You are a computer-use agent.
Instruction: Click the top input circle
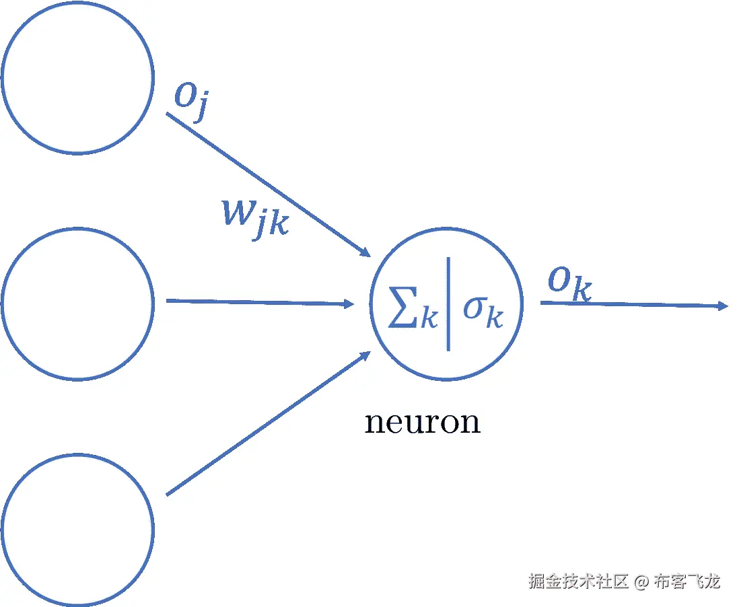(77, 77)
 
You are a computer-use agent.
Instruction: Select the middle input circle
(77, 303)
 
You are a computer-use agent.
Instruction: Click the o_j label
(189, 100)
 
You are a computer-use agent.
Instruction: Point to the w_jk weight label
(255, 217)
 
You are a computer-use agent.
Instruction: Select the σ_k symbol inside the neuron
(482, 310)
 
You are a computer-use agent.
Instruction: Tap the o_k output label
(569, 283)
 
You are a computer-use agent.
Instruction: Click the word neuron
(422, 423)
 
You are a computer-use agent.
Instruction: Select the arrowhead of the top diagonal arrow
(365, 252)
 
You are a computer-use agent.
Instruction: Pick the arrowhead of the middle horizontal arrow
(349, 304)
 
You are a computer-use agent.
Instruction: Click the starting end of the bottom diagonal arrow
(168, 495)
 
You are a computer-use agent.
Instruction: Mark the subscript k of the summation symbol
(429, 318)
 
